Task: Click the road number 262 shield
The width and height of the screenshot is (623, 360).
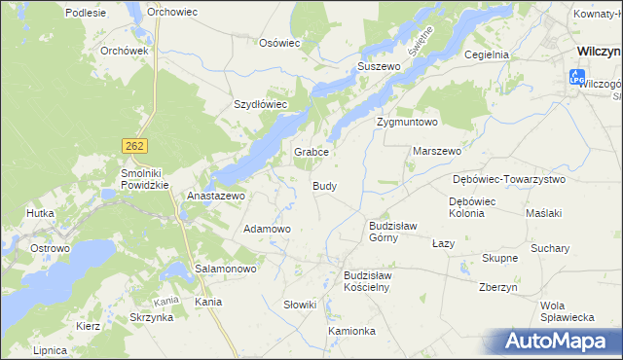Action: pyautogui.click(x=134, y=145)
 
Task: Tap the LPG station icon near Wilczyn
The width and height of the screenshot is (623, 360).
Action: pyautogui.click(x=575, y=76)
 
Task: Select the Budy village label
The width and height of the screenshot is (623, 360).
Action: pyautogui.click(x=325, y=185)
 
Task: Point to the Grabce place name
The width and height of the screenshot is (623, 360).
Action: pyautogui.click(x=312, y=153)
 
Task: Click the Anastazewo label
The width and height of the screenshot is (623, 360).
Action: pyautogui.click(x=215, y=195)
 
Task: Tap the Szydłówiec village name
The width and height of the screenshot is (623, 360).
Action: pyautogui.click(x=260, y=104)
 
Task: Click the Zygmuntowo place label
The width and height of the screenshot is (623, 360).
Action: pyautogui.click(x=408, y=123)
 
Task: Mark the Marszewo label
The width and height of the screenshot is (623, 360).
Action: pyautogui.click(x=437, y=152)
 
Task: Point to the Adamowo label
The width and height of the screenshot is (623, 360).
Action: pyautogui.click(x=267, y=229)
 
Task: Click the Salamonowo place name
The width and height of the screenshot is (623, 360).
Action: pyautogui.click(x=225, y=268)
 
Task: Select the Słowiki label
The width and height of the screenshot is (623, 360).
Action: pyautogui.click(x=300, y=305)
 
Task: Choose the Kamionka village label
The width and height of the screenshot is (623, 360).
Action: pyautogui.click(x=351, y=331)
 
